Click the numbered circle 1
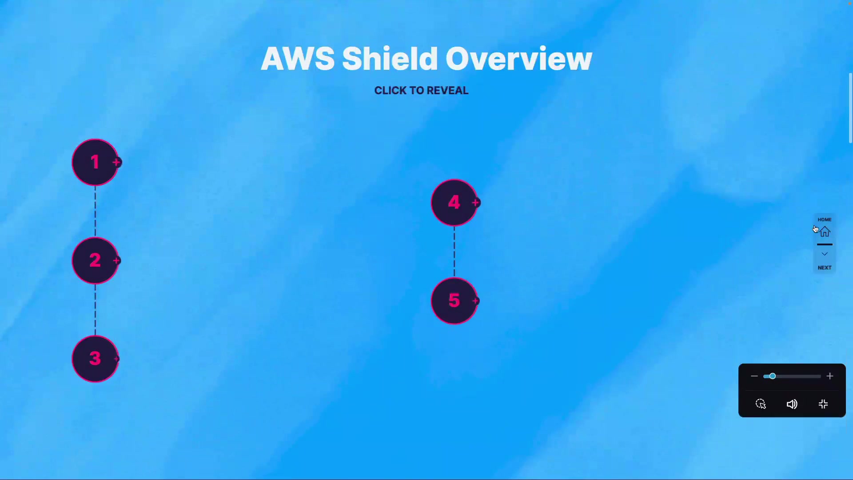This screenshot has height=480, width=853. [x=95, y=162]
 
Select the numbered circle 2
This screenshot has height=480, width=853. [x=95, y=260]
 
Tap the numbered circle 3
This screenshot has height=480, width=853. [x=95, y=359]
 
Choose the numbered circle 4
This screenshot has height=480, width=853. [x=454, y=203]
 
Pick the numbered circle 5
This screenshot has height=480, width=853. [x=454, y=301]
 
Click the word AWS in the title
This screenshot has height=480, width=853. [x=298, y=59]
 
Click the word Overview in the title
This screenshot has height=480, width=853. [x=519, y=59]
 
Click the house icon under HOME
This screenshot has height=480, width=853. [x=825, y=232]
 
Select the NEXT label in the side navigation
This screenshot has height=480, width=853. [x=825, y=268]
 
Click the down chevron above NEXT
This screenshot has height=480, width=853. [x=825, y=254]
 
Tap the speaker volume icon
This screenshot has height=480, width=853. [x=792, y=404]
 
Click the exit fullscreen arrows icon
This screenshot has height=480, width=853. [x=823, y=404]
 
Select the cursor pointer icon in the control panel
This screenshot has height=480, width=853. [x=761, y=404]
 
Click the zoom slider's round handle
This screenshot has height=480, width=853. [x=773, y=376]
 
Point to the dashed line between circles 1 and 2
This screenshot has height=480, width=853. [x=95, y=212]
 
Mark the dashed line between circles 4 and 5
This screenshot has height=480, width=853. [x=454, y=252]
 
